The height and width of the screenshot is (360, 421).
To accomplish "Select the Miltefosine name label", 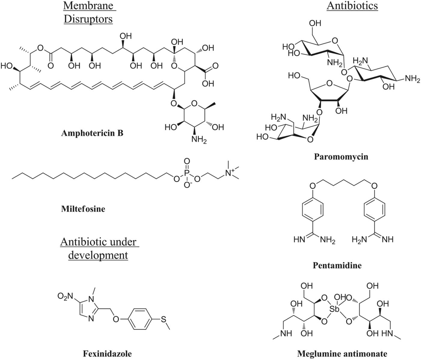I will coord(83,209).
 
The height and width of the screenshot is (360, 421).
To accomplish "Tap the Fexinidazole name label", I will coord(107,354).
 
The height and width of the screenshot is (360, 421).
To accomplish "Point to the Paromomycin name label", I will coord(341,157).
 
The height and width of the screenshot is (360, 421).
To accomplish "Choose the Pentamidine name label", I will coord(337,265).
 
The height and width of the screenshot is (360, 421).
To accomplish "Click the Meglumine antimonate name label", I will coord(342,354).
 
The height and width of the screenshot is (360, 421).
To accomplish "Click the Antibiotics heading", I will coord(352,6).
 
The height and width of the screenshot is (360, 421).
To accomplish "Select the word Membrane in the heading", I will coord(89,6).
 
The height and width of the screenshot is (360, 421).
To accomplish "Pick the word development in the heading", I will coord(98,255).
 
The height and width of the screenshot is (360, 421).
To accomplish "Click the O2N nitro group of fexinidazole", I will coord(65,297).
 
